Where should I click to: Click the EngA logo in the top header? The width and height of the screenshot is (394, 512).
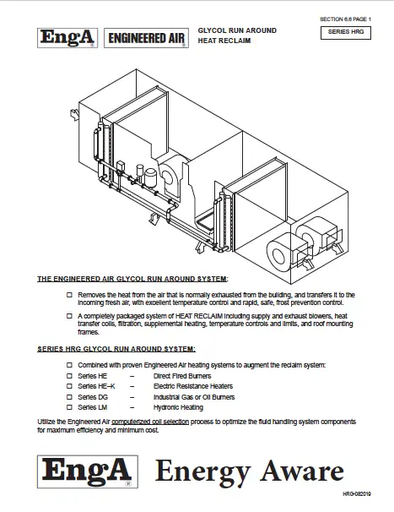[x=67, y=37]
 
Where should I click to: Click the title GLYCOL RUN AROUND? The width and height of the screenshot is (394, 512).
[x=236, y=30]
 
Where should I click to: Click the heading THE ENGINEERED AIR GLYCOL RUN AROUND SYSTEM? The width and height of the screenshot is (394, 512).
[x=132, y=278]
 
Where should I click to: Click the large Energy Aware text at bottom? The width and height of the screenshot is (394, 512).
[x=249, y=470]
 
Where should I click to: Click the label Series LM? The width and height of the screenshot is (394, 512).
[x=92, y=407]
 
